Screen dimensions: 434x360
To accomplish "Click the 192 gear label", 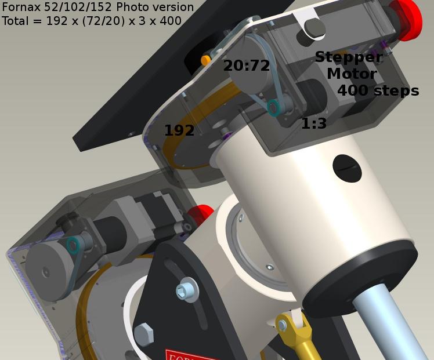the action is pyautogui.click(x=179, y=130).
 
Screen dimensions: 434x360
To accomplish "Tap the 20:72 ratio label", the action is pyautogui.click(x=247, y=66).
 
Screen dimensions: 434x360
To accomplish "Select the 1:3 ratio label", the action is pyautogui.click(x=314, y=123).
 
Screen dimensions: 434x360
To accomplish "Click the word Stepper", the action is pyautogui.click(x=349, y=57).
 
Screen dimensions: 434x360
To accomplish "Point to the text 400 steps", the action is pyautogui.click(x=378, y=90).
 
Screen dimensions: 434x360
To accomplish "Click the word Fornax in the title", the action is pyautogui.click(x=21, y=7).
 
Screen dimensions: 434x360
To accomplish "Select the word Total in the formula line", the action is pyautogui.click(x=15, y=21).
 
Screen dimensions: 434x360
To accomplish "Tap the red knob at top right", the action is pyautogui.click(x=407, y=19).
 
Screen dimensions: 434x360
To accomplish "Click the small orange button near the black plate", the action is pyautogui.click(x=206, y=60).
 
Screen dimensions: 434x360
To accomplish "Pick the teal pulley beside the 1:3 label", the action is pyautogui.click(x=274, y=108).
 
